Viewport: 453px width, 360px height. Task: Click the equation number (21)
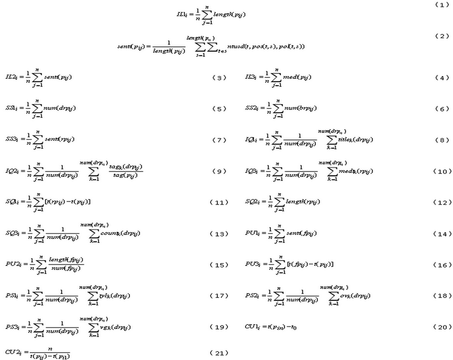click(219, 353)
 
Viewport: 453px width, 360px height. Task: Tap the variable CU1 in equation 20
click(252, 327)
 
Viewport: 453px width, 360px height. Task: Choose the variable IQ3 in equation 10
click(252, 171)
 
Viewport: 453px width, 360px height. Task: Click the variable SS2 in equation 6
click(251, 109)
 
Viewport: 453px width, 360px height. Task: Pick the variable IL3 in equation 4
click(251, 77)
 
